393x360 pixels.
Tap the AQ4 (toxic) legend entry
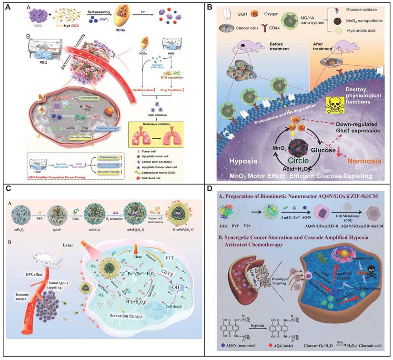pos(281,345)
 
